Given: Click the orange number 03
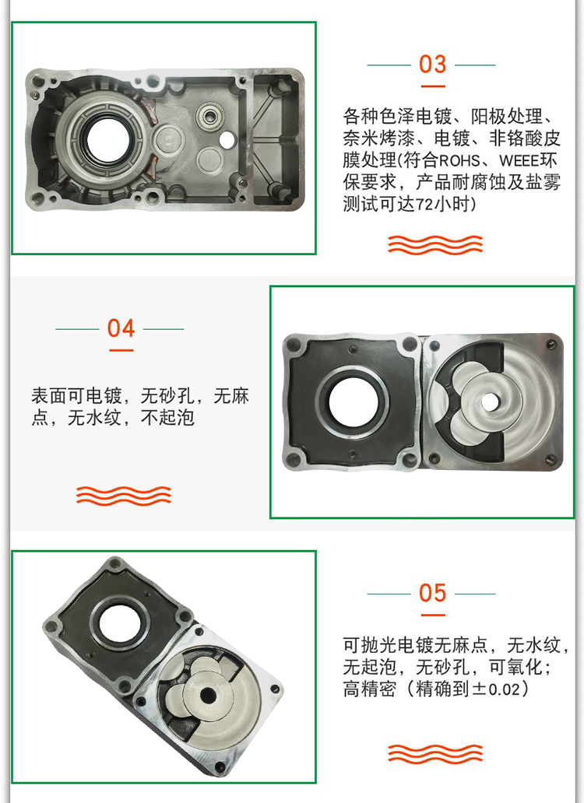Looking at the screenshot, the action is click(432, 65).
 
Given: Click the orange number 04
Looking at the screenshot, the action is click(121, 328).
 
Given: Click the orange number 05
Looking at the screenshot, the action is click(432, 593).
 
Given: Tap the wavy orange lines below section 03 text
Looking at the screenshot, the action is click(435, 245).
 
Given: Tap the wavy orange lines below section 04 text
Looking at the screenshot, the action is click(124, 496).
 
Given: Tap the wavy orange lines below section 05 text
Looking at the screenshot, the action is click(435, 754).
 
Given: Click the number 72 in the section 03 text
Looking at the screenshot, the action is click(424, 205).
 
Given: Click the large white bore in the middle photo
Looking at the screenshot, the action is click(353, 402).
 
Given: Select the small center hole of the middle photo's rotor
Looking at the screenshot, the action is click(489, 402).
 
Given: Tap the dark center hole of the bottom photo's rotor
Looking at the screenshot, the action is click(208, 696).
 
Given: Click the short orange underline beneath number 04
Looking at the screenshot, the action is click(121, 351).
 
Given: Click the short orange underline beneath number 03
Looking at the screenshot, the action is click(433, 86).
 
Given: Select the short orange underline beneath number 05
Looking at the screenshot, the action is click(433, 615).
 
